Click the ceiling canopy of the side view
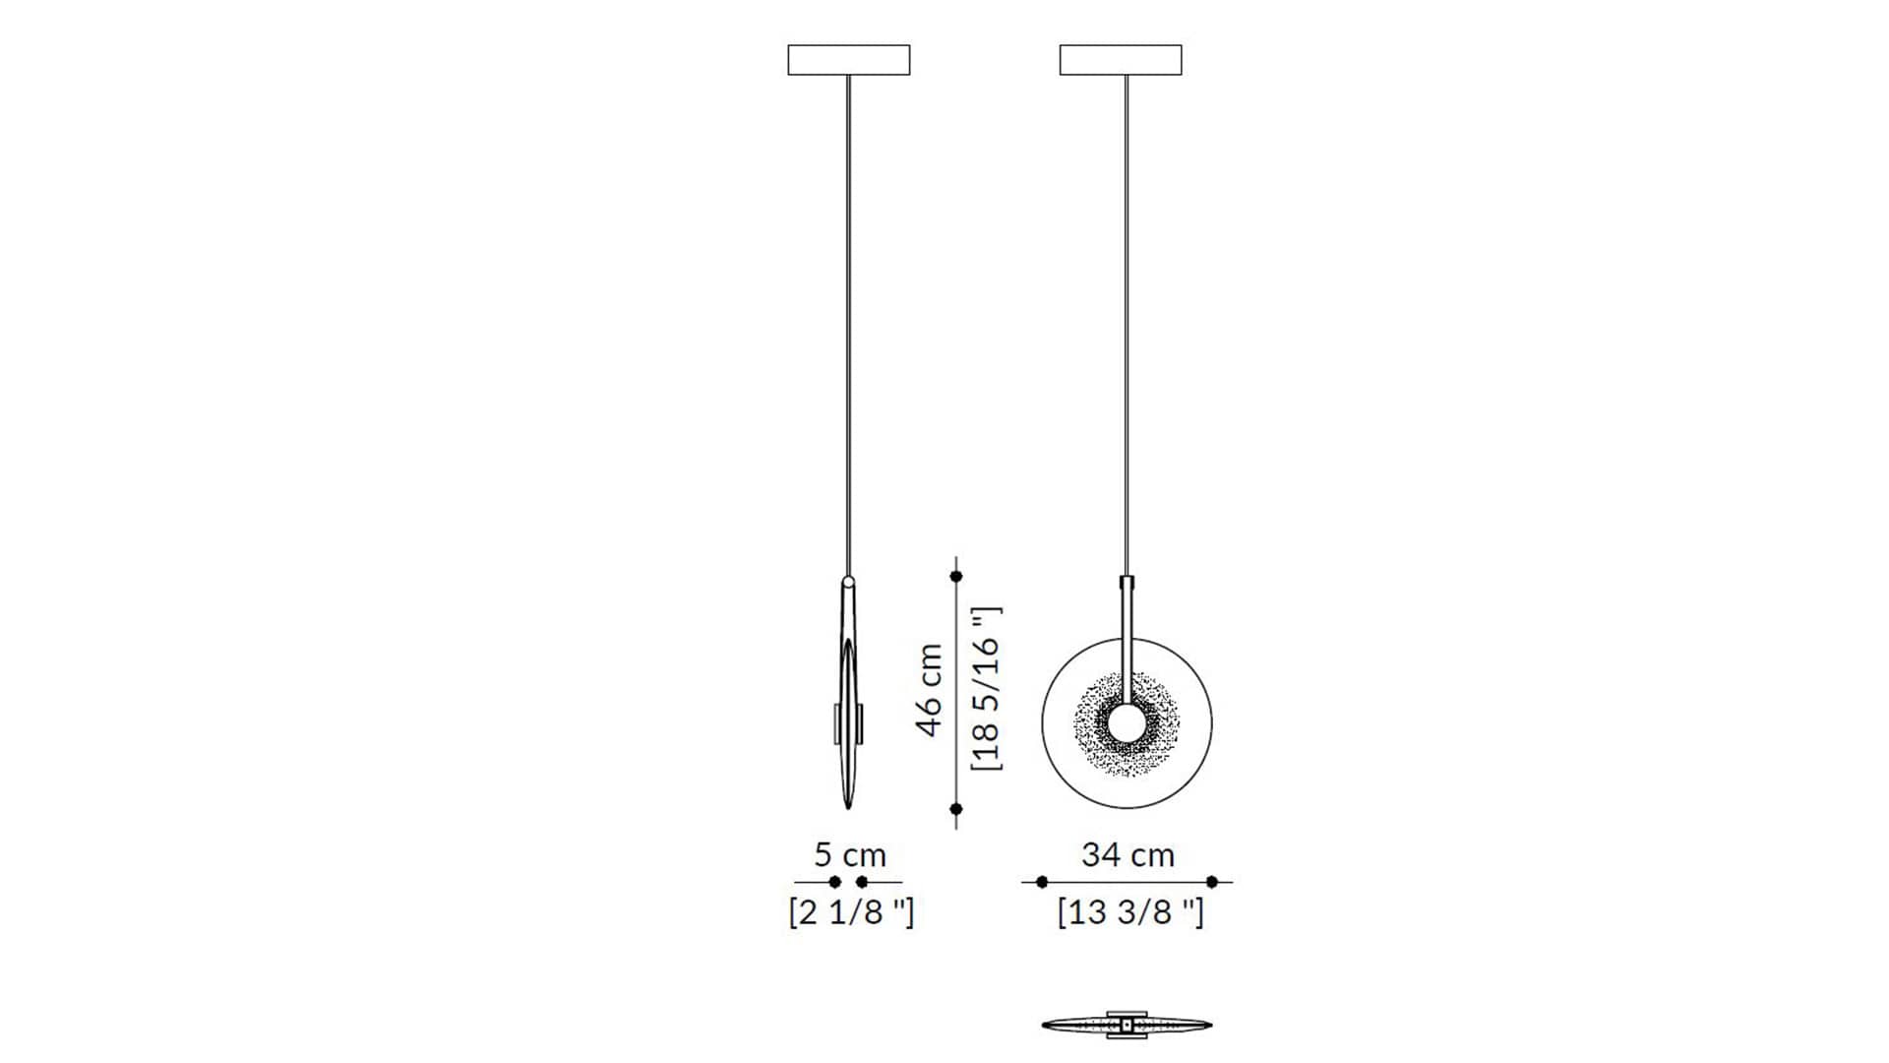[x=848, y=60]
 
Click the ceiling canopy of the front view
[x=1121, y=60]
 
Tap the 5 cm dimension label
[x=850, y=854]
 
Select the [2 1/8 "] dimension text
[x=851, y=912]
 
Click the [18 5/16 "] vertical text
[x=987, y=688]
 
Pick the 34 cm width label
[x=1127, y=854]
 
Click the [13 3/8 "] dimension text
[x=1130, y=912]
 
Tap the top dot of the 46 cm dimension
[x=956, y=576]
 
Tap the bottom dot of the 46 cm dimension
[x=956, y=809]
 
